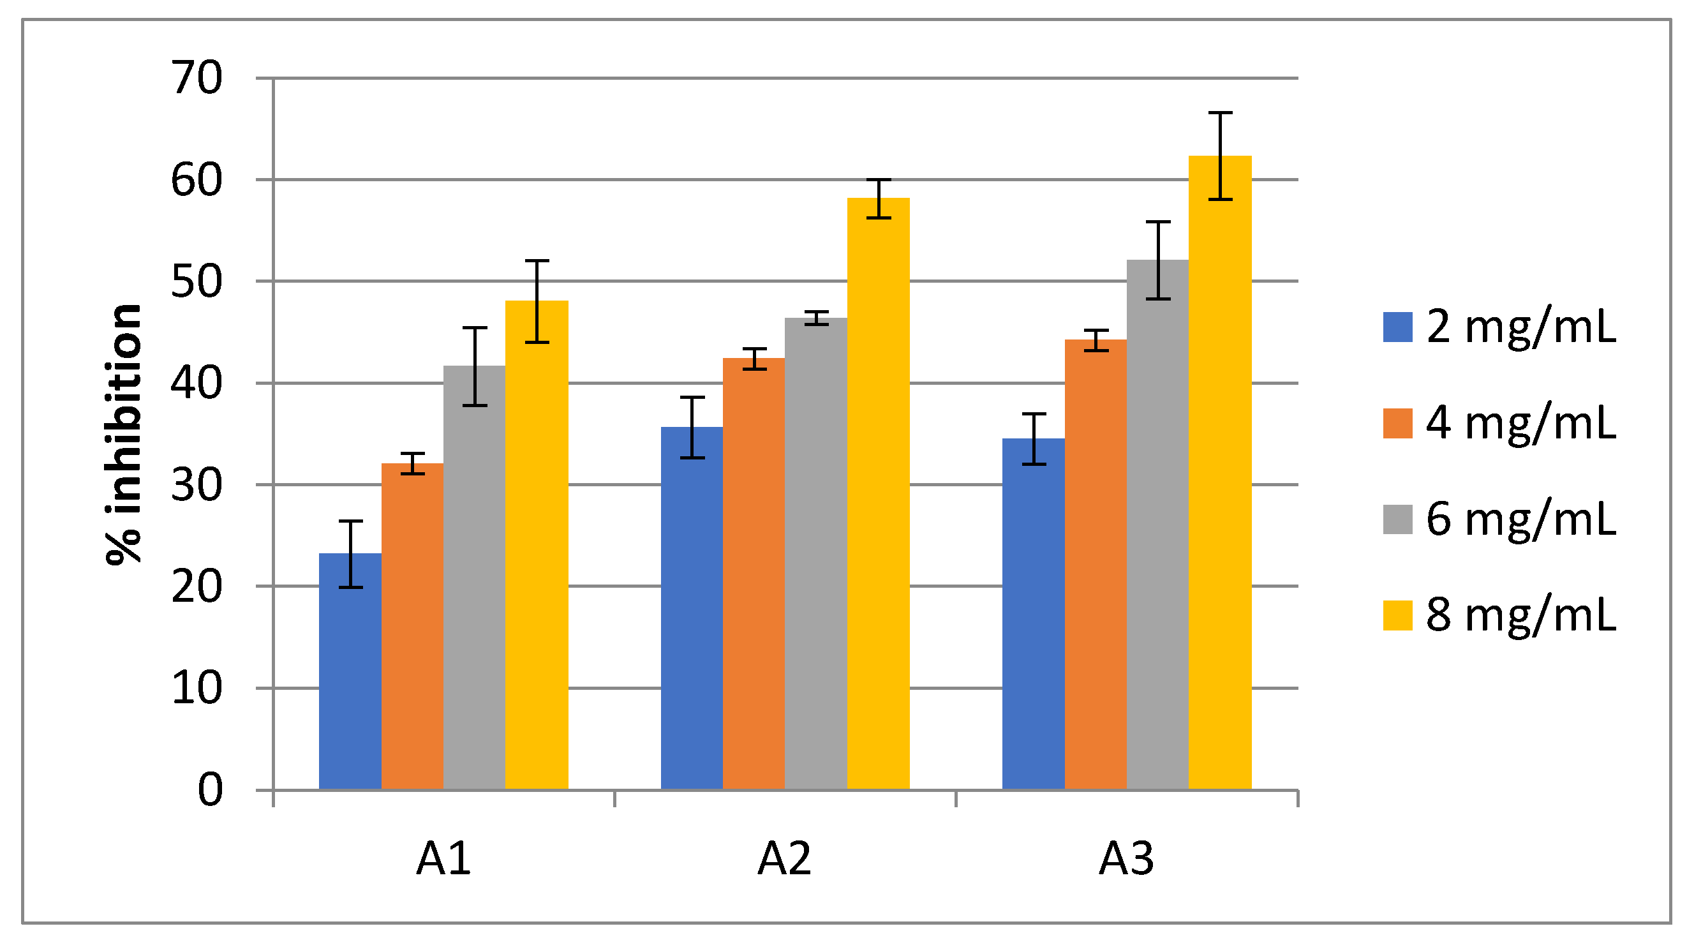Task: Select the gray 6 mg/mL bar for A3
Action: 1157,524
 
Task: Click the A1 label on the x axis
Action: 443,858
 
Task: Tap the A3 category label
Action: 1126,858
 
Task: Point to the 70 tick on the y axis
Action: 197,78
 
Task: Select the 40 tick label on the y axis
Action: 197,383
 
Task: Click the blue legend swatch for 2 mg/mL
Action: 1397,327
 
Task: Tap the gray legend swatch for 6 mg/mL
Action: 1397,519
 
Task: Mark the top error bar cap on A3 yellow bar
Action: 1220,114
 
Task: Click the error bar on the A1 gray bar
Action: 474,366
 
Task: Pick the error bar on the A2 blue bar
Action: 692,427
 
